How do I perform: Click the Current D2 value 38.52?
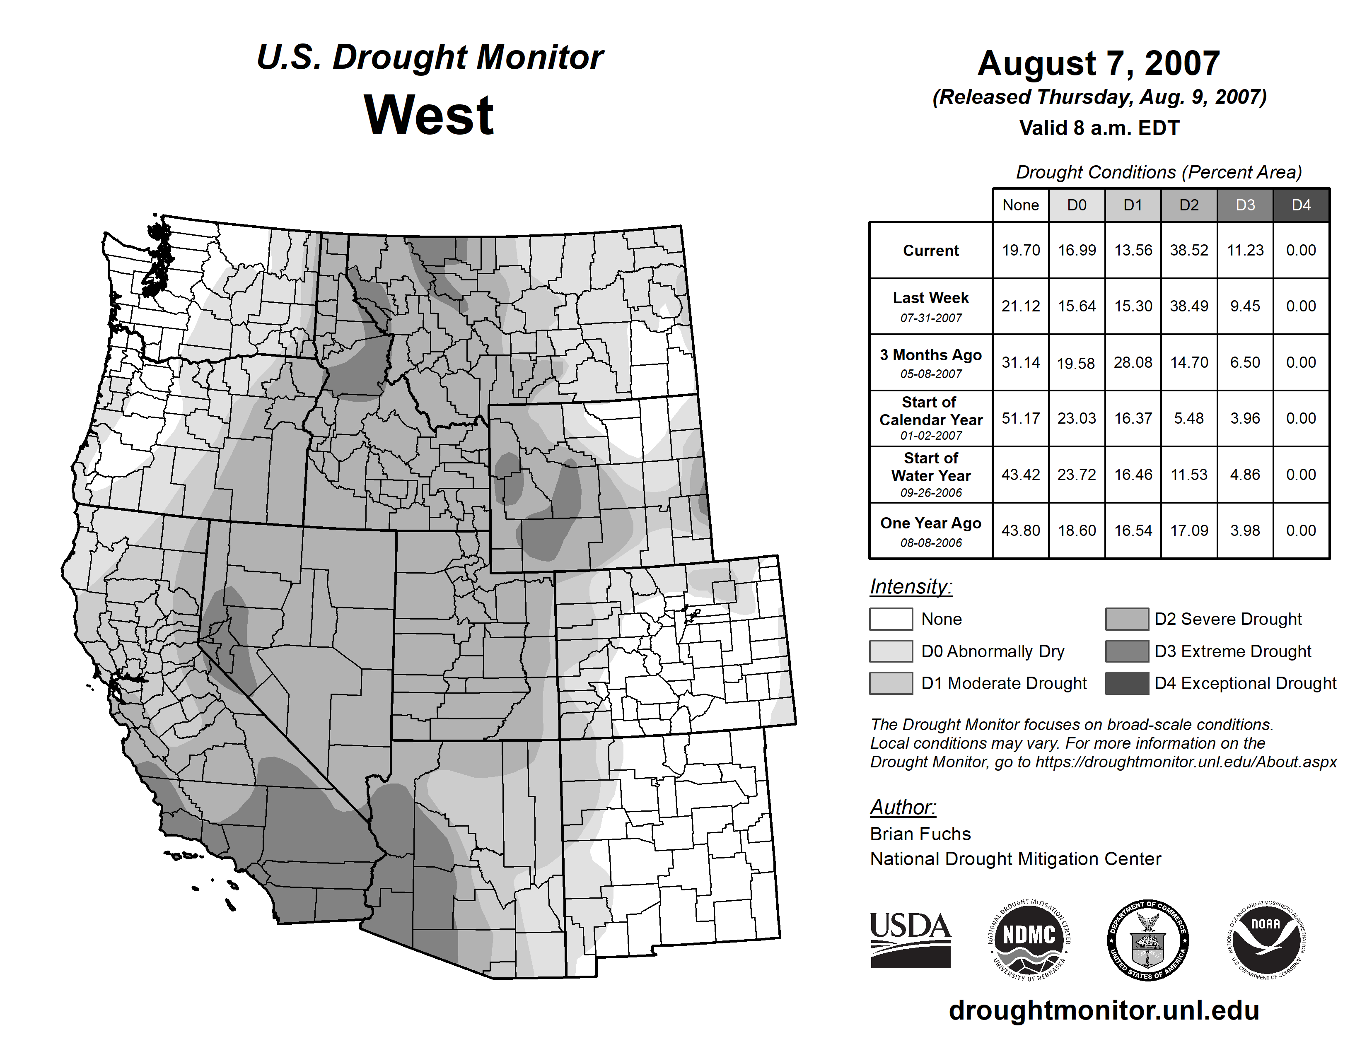coord(1188,250)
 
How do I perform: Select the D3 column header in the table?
coord(1245,205)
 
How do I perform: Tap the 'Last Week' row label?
coord(931,299)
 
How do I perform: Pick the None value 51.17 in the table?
coord(1020,419)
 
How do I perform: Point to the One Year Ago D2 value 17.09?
coord(1188,530)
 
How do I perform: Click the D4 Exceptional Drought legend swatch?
coord(1127,683)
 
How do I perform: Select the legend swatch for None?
coord(891,619)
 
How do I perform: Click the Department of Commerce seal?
coord(1147,940)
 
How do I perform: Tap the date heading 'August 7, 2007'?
coord(1099,63)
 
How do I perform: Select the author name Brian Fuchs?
coord(920,834)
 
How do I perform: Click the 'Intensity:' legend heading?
coord(911,587)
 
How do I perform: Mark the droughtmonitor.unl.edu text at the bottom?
coord(1104,1010)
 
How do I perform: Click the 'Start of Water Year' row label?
coord(931,467)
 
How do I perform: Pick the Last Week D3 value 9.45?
coord(1245,306)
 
